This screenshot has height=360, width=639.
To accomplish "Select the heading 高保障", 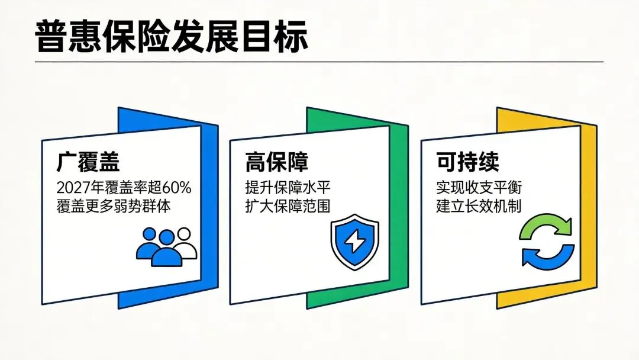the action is [x=276, y=162].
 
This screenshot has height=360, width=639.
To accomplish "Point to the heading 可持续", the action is [x=467, y=162].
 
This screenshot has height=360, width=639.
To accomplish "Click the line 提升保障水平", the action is [x=288, y=188].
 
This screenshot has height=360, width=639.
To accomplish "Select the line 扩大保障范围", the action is [x=288, y=206].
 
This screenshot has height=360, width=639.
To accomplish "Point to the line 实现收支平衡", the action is [x=479, y=188].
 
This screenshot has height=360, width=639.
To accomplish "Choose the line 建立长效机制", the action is [x=479, y=206].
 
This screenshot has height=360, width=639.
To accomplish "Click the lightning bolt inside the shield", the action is [x=354, y=242].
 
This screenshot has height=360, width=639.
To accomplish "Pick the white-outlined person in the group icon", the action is [x=185, y=243].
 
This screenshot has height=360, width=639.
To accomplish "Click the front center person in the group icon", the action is [x=167, y=249].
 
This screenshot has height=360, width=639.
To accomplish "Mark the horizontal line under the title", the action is [x=319, y=62].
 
